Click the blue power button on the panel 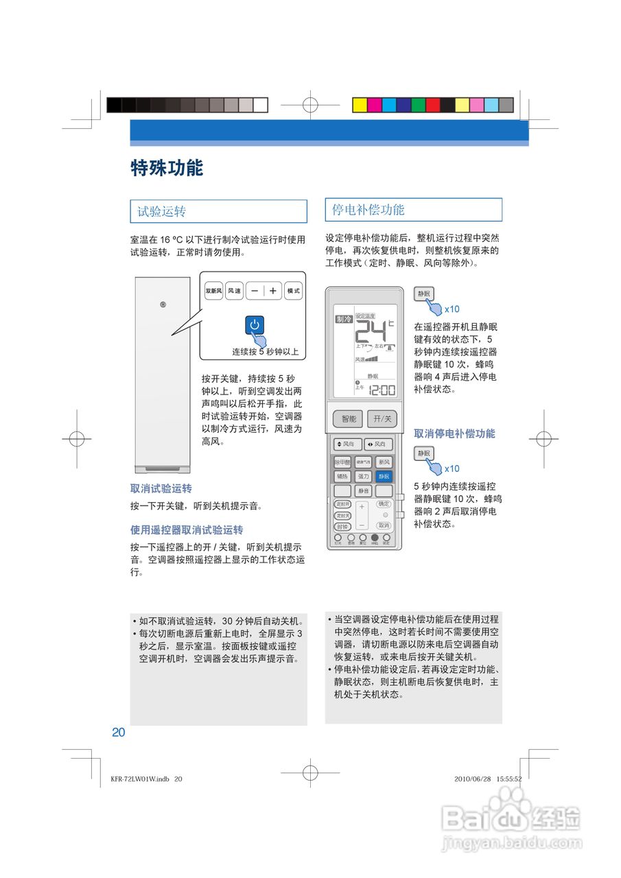point(255,324)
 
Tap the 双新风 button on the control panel point(213,291)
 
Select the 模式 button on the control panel point(293,291)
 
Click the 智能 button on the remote point(349,418)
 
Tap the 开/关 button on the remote point(382,418)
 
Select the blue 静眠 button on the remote point(384,476)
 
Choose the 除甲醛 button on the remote point(342,462)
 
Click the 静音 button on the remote point(363,491)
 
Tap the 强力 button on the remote point(363,476)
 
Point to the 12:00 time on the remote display point(382,390)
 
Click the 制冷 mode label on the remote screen point(343,319)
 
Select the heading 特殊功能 point(167,168)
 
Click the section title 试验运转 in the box point(162,211)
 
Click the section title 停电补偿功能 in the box point(368,210)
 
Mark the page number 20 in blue point(119,732)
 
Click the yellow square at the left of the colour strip point(359,105)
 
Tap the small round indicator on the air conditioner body point(163,305)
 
